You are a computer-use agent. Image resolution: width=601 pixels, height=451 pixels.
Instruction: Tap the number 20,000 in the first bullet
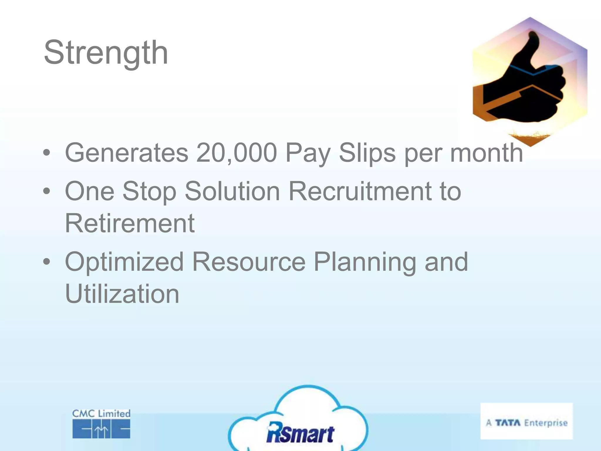pyautogui.click(x=237, y=153)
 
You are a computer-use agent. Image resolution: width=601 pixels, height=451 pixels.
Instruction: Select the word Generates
pyautogui.click(x=126, y=153)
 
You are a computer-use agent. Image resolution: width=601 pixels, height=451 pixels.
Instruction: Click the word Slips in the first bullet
pyautogui.click(x=367, y=153)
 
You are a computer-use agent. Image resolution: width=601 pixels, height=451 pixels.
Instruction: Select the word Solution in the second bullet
pyautogui.click(x=232, y=191)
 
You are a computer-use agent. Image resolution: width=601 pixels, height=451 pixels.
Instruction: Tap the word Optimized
pyautogui.click(x=124, y=262)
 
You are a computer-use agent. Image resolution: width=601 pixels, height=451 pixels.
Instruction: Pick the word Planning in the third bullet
pyautogui.click(x=365, y=262)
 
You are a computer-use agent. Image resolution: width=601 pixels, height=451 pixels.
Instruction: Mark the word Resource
pyautogui.click(x=249, y=262)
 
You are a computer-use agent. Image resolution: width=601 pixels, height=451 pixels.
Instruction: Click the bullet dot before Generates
pyautogui.click(x=46, y=153)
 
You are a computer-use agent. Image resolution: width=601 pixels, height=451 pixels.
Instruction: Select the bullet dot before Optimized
pyautogui.click(x=46, y=262)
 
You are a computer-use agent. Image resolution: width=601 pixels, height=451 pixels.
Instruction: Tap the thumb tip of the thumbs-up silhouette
pyautogui.click(x=533, y=37)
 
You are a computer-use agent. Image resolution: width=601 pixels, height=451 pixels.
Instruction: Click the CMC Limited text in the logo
pyautogui.click(x=101, y=414)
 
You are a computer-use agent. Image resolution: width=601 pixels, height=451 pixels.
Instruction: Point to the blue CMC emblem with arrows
pyautogui.click(x=101, y=429)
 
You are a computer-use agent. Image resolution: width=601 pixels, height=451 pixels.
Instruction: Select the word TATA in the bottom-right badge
pyautogui.click(x=508, y=423)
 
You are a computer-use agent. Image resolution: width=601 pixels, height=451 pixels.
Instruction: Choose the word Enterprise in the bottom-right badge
pyautogui.click(x=546, y=423)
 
